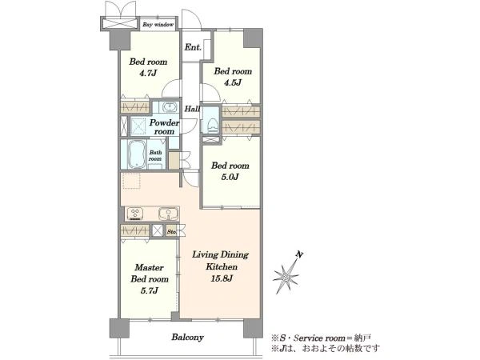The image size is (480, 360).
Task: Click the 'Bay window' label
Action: tap(158, 25)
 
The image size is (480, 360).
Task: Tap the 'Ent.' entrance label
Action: tap(193, 47)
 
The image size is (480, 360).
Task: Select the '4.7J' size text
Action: tap(148, 73)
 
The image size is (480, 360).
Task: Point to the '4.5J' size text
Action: tap(233, 82)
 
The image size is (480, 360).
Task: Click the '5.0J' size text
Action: tap(230, 177)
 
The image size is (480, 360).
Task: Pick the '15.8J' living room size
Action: tap(222, 278)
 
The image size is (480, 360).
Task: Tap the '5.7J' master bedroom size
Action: tap(150, 290)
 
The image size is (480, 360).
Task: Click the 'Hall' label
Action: tap(192, 109)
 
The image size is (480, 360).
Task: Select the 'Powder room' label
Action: tap(164, 127)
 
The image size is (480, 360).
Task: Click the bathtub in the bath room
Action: tap(137, 154)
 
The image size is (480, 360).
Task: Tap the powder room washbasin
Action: tap(170, 107)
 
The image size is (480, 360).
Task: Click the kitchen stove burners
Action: tap(135, 214)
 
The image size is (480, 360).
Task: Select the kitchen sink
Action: tap(168, 214)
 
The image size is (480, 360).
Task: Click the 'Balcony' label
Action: tap(188, 338)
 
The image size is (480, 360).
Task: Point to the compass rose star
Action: tap(286, 277)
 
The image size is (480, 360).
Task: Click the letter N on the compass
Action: tap(299, 254)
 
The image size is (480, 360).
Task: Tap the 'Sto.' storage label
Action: tap(172, 232)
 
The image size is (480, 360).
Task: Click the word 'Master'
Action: tap(149, 267)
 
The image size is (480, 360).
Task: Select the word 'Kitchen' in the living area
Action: tap(222, 266)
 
